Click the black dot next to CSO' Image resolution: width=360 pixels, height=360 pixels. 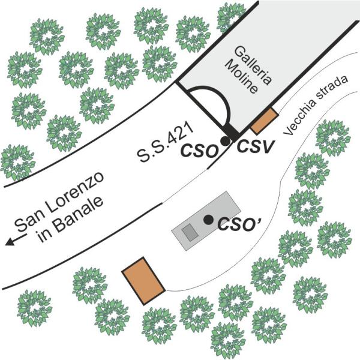208,220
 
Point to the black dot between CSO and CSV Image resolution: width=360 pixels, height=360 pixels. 224,140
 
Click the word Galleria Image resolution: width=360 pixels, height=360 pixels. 242,64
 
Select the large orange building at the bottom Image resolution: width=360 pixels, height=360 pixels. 143,281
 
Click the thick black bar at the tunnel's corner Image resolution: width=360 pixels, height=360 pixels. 230,130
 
